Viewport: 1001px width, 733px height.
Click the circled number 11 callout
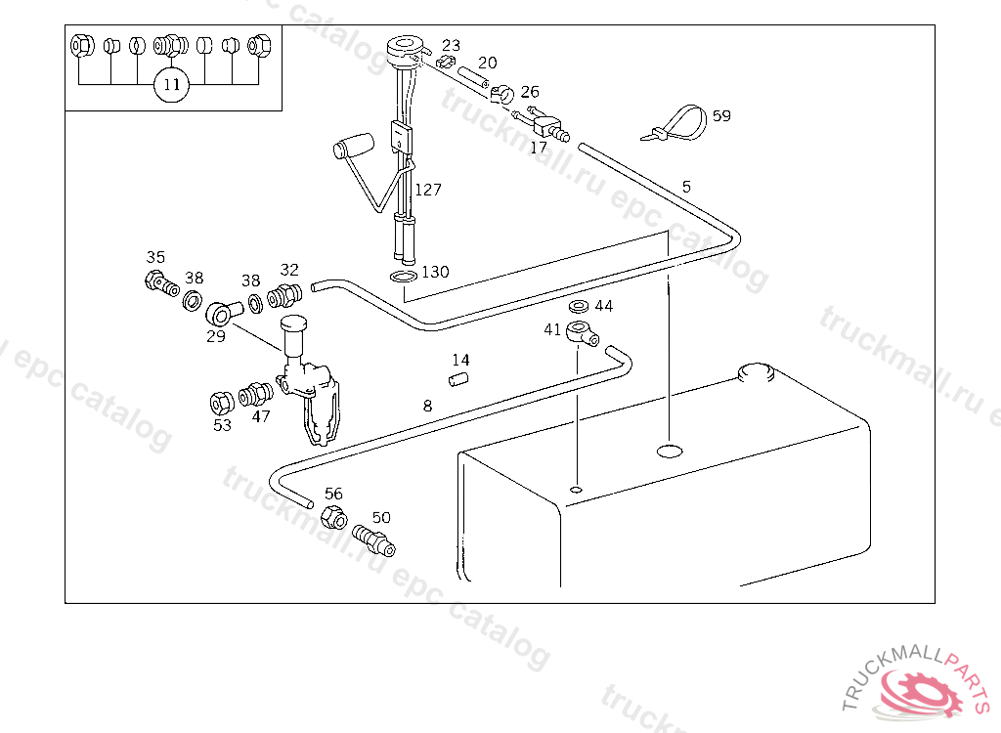pyautogui.click(x=172, y=84)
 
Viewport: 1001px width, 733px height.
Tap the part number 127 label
pyautogui.click(x=428, y=190)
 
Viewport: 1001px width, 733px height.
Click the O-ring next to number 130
pyautogui.click(x=403, y=276)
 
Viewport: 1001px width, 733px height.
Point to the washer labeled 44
pyautogui.click(x=579, y=306)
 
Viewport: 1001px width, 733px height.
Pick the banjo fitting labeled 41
pyautogui.click(x=582, y=332)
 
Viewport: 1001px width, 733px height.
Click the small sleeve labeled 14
pyautogui.click(x=457, y=379)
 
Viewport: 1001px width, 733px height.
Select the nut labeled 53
pyautogui.click(x=222, y=403)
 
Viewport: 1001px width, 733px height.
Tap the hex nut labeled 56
pyautogui.click(x=334, y=516)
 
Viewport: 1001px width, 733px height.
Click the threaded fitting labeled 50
pyautogui.click(x=374, y=539)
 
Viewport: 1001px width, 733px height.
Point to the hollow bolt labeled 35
pyautogui.click(x=161, y=283)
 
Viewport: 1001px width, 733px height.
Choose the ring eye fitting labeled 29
pyautogui.click(x=224, y=312)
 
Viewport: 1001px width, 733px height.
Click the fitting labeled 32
pyautogui.click(x=284, y=295)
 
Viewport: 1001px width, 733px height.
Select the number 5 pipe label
pyautogui.click(x=686, y=187)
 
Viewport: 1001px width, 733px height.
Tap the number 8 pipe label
pyautogui.click(x=427, y=406)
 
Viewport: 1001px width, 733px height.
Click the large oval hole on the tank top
pyautogui.click(x=670, y=451)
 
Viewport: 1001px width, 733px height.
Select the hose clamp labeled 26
pyautogui.click(x=502, y=95)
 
